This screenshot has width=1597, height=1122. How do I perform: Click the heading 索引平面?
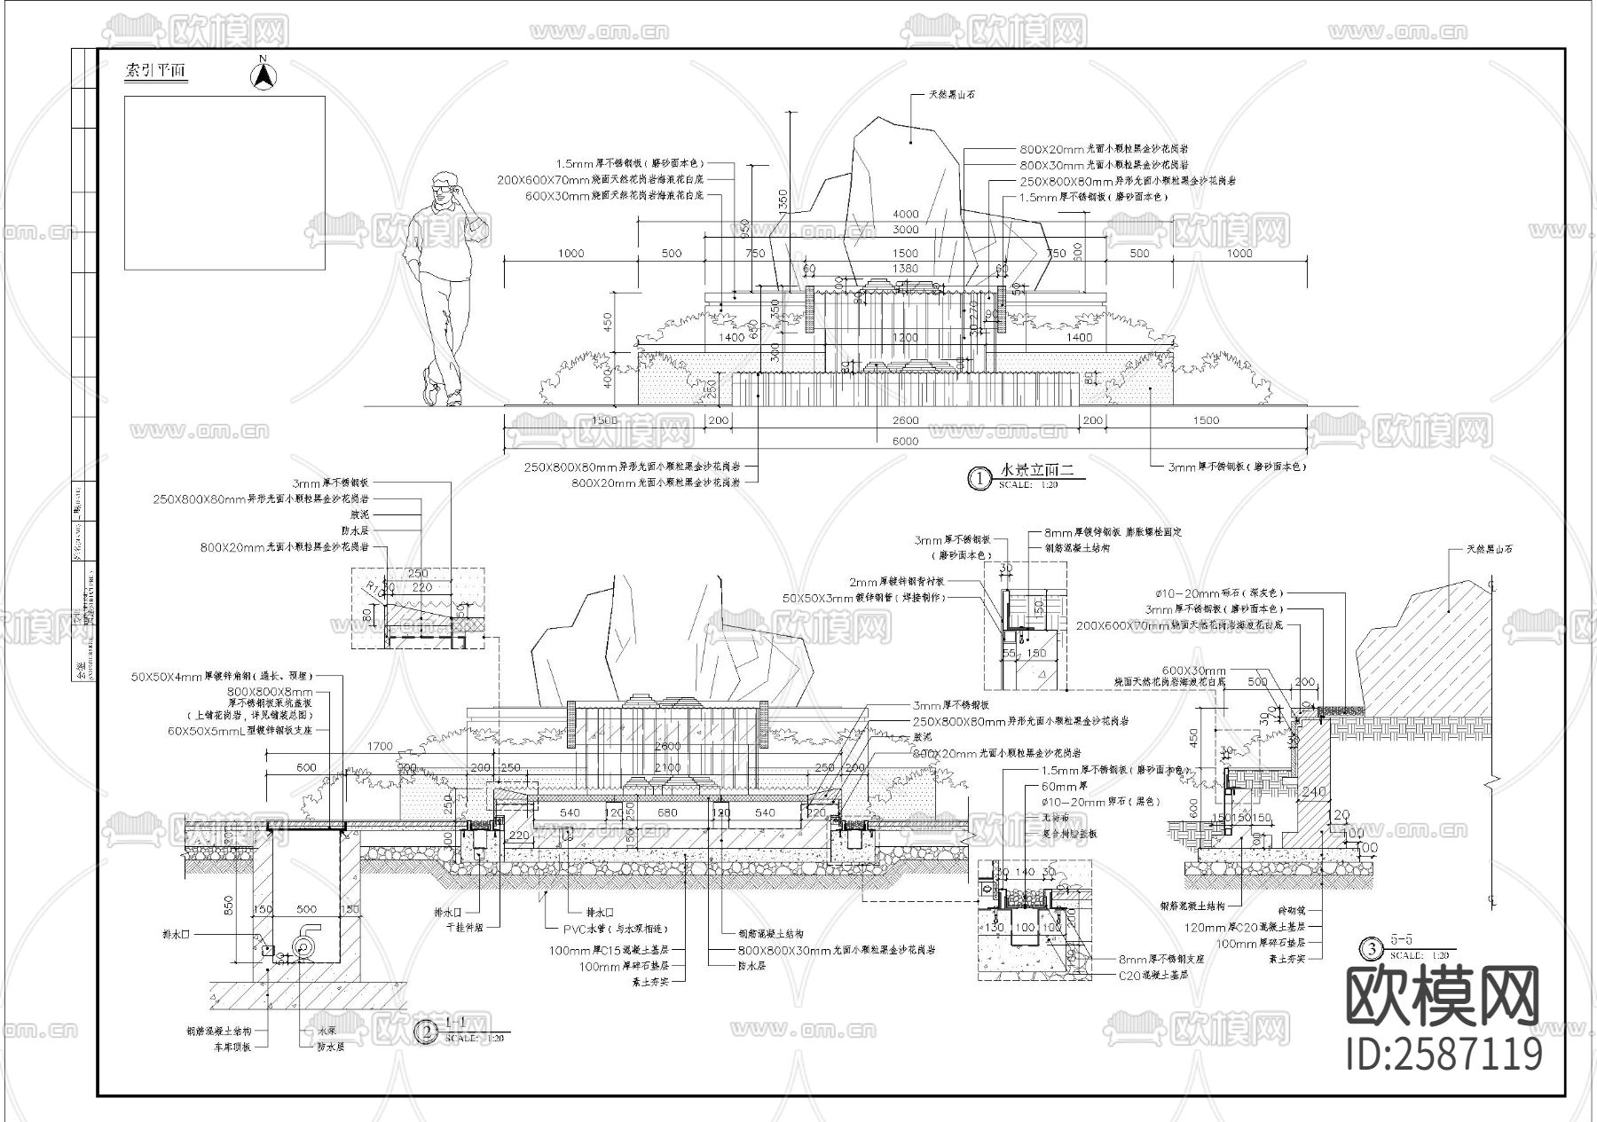click(x=156, y=72)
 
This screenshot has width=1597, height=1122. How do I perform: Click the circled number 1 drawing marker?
click(x=979, y=478)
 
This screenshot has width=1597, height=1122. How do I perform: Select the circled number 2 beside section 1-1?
click(x=428, y=1032)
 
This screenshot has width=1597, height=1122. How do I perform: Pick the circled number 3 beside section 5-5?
click(x=1373, y=949)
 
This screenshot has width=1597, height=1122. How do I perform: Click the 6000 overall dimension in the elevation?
click(x=905, y=442)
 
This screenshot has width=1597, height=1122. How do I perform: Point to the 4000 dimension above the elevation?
click(x=906, y=214)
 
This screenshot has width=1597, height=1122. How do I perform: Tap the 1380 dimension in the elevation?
click(x=905, y=269)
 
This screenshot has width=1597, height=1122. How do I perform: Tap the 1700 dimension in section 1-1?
click(x=380, y=747)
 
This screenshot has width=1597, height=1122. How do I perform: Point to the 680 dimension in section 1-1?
click(x=667, y=812)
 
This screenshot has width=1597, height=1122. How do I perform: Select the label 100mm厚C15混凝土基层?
click(x=618, y=950)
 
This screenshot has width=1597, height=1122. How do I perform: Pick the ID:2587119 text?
click(x=1444, y=1055)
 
